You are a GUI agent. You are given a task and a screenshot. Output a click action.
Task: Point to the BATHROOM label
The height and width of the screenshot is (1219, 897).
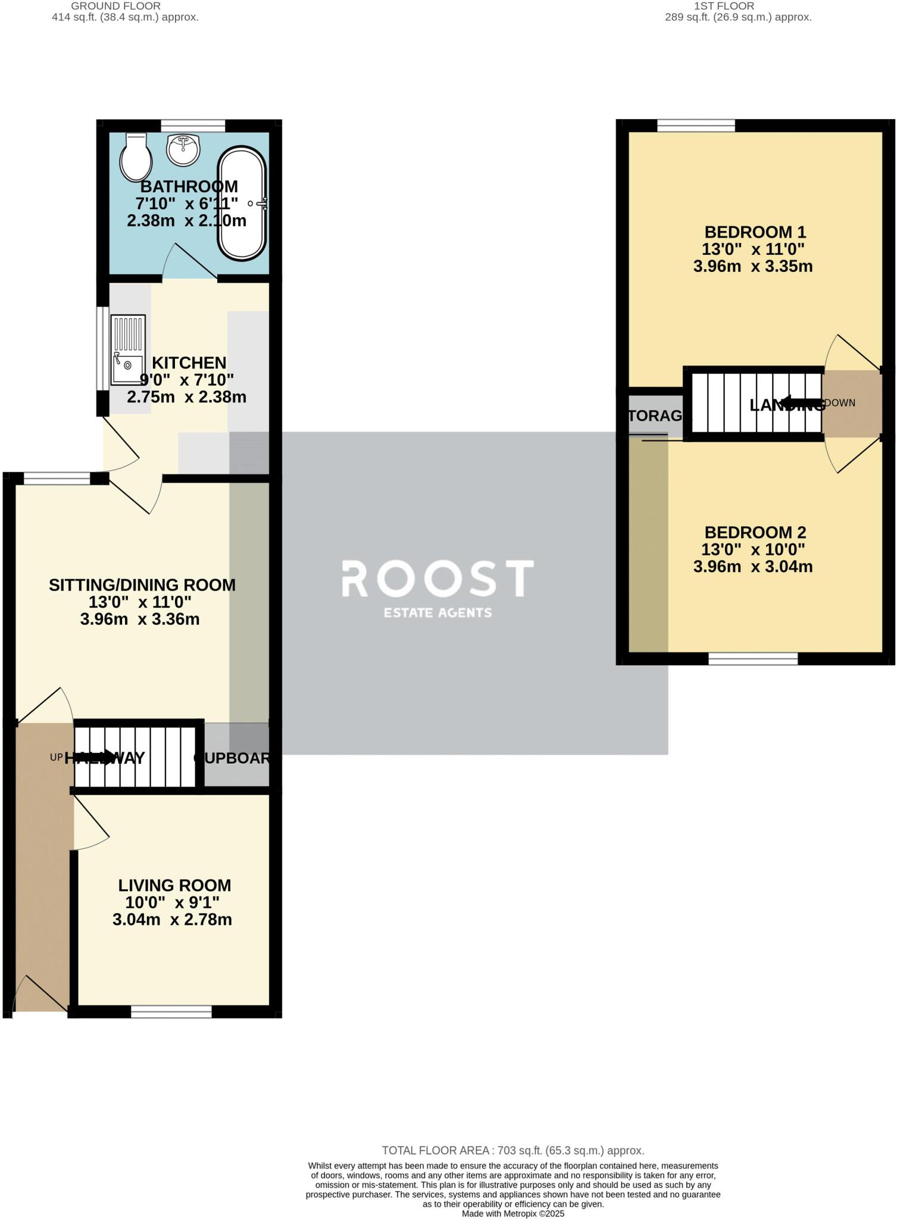[x=189, y=186]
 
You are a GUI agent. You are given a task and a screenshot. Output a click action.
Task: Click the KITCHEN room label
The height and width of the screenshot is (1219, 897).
[x=189, y=362]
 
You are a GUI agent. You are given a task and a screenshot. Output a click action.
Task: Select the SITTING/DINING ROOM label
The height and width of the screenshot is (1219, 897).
[x=142, y=585]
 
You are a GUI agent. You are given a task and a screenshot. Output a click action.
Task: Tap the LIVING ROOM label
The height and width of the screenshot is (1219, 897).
[x=174, y=885]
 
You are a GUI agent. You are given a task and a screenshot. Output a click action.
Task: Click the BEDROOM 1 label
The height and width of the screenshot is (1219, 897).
[x=755, y=232]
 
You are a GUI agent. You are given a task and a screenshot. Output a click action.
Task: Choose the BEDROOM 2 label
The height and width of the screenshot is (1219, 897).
[x=755, y=532]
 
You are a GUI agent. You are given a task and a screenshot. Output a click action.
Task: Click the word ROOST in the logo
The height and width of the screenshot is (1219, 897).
[x=437, y=579]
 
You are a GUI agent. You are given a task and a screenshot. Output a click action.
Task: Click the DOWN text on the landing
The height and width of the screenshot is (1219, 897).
[x=840, y=403]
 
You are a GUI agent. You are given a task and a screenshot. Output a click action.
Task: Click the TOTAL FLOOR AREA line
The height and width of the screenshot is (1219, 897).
[x=512, y=1151]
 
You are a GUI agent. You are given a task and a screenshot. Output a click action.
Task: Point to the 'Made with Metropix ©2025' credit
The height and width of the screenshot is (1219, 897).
[x=512, y=1214]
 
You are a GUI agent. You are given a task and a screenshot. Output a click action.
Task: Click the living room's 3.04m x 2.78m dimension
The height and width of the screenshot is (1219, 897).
[x=172, y=920]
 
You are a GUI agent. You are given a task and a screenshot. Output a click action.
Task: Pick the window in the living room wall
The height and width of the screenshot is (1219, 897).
[x=171, y=1011]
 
